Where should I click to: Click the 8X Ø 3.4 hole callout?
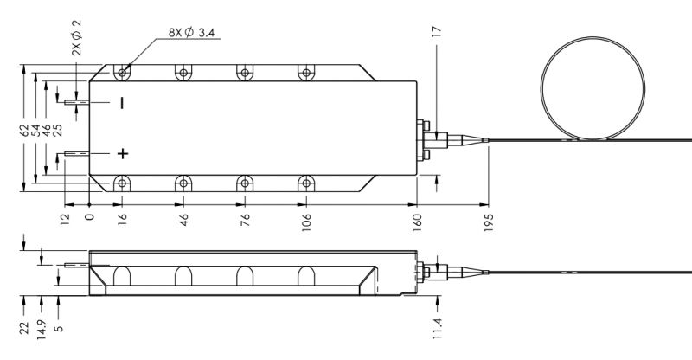click(x=191, y=32)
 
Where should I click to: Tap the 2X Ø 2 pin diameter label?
click(x=77, y=37)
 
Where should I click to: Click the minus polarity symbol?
click(x=122, y=103)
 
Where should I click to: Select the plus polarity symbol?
click(x=123, y=153)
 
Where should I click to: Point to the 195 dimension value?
click(x=489, y=222)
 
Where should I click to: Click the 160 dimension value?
click(x=417, y=220)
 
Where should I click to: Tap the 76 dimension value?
click(x=245, y=220)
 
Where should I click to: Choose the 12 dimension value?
click(x=65, y=218)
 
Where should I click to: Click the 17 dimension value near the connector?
click(x=437, y=32)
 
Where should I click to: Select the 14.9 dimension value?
click(x=42, y=329)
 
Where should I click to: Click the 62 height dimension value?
click(x=24, y=130)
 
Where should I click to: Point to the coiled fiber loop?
click(x=593, y=88)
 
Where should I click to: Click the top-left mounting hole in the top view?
click(x=122, y=71)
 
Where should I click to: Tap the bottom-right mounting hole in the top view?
click(x=306, y=183)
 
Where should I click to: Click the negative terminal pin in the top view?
click(x=77, y=102)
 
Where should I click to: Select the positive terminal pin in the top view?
click(x=77, y=154)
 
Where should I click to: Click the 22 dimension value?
click(x=24, y=328)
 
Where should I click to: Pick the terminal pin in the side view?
click(x=77, y=265)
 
